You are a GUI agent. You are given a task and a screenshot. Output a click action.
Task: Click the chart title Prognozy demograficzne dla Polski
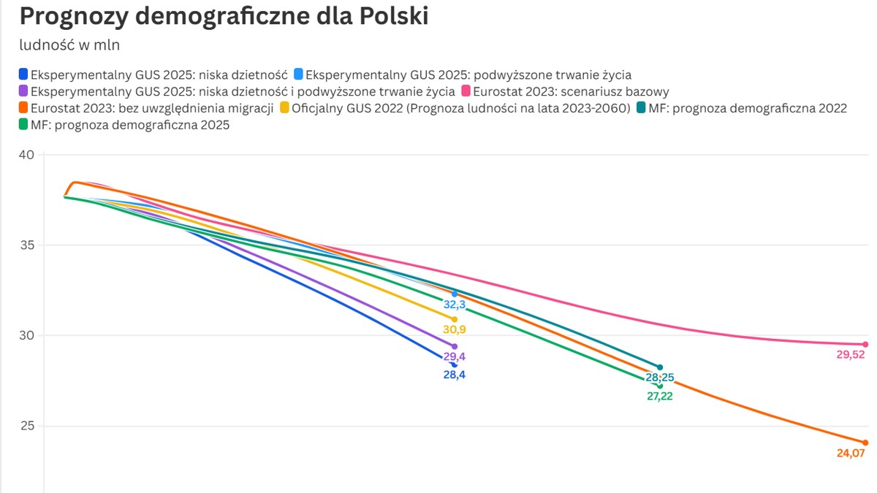click(x=224, y=16)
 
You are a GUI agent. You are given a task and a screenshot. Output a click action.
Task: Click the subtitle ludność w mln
click(x=69, y=45)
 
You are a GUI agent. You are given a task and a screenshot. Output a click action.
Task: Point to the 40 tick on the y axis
click(x=27, y=154)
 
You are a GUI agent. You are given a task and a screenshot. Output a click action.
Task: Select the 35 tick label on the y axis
click(x=27, y=245)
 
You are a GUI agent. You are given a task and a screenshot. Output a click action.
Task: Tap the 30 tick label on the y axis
click(x=27, y=335)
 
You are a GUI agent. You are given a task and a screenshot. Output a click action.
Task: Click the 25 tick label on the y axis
click(x=27, y=426)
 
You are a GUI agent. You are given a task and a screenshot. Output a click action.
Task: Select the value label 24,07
click(x=850, y=454)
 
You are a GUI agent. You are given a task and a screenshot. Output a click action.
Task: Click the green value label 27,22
click(x=659, y=397)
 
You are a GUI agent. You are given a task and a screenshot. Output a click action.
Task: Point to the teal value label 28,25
click(x=659, y=378)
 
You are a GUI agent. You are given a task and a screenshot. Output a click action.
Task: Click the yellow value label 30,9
click(x=455, y=330)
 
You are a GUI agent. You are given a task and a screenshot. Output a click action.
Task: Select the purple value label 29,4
click(x=455, y=357)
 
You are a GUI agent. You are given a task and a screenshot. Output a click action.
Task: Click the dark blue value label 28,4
click(x=455, y=375)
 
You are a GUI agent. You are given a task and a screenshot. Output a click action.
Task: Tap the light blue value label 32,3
click(x=455, y=305)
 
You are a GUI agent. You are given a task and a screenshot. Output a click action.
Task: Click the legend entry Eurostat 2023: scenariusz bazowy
click(x=570, y=92)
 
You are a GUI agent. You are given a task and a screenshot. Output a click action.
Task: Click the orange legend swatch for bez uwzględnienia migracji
click(x=23, y=109)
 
